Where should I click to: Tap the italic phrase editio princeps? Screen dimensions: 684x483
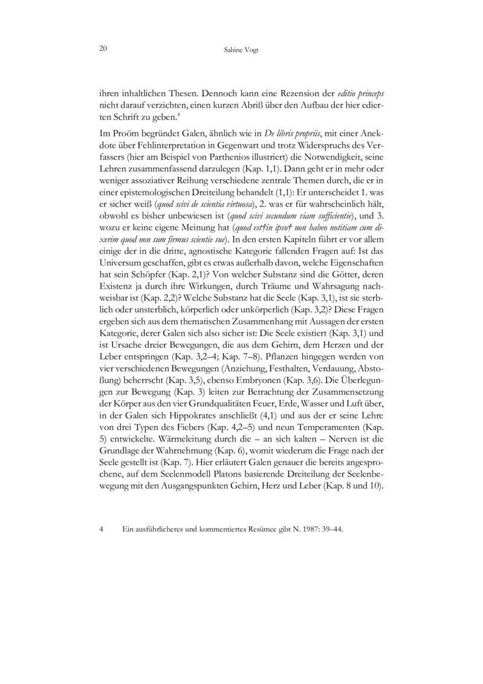pos(361,94)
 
